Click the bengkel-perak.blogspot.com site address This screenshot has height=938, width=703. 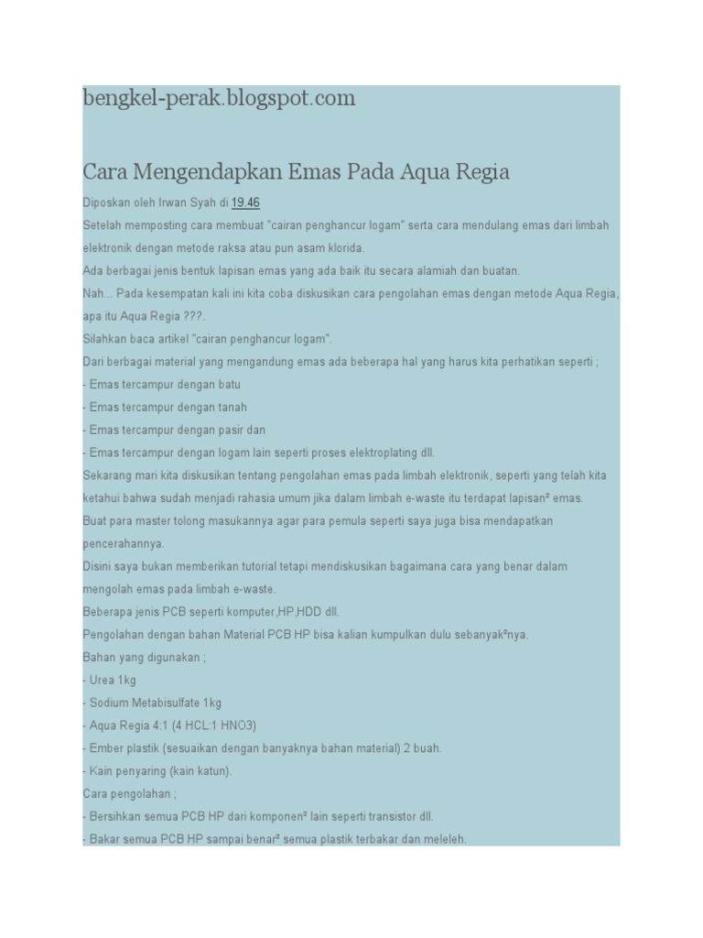click(x=219, y=98)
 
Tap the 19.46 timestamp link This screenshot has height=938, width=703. click(x=247, y=202)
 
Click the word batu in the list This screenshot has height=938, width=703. click(x=227, y=385)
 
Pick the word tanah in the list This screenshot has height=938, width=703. click(x=231, y=407)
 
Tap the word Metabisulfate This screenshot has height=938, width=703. click(x=168, y=703)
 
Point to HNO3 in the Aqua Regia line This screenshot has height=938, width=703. click(x=236, y=725)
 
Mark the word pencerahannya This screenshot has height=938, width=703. click(x=123, y=543)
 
